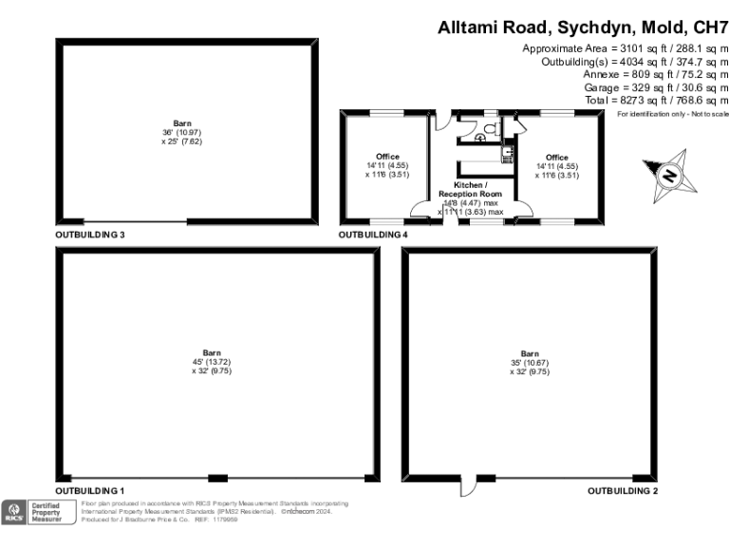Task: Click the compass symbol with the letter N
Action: tap(669, 177)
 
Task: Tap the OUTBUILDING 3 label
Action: tap(90, 234)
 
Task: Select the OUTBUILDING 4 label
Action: tap(374, 234)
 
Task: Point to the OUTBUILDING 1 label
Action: tap(90, 490)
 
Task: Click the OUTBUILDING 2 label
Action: tap(623, 490)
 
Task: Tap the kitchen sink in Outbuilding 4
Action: tap(508, 150)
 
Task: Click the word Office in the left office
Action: tap(387, 157)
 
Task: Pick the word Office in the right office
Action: tap(556, 158)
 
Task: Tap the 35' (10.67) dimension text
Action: tap(529, 362)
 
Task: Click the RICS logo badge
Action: tap(14, 512)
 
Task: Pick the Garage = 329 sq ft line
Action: tap(655, 87)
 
